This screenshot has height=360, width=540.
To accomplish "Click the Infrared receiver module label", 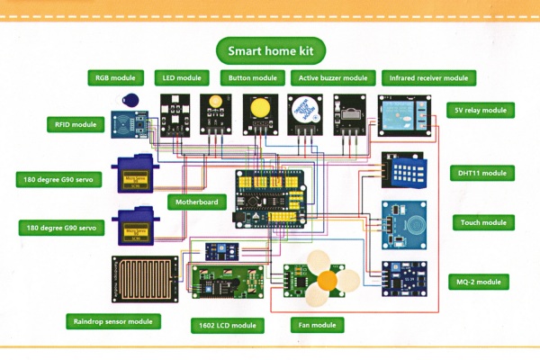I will coord(428,78).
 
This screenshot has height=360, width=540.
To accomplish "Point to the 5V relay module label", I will coord(481,111).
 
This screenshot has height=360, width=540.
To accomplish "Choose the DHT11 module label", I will coord(481,173).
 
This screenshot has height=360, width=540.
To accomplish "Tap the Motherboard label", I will coord(196,202).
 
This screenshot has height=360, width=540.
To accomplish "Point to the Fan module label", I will coord(317,323).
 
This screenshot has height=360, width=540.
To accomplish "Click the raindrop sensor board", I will coord(144,279).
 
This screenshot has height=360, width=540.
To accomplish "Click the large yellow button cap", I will coord(257,109).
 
